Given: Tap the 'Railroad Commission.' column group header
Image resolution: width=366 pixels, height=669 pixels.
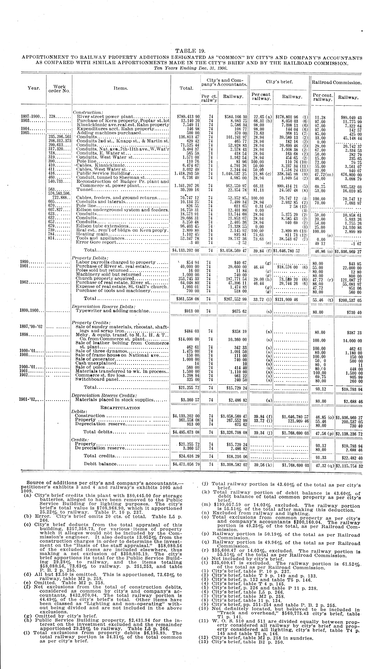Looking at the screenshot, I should (x=336, y=83).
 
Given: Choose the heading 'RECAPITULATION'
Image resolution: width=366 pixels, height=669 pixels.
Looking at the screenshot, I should (x=120, y=408).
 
